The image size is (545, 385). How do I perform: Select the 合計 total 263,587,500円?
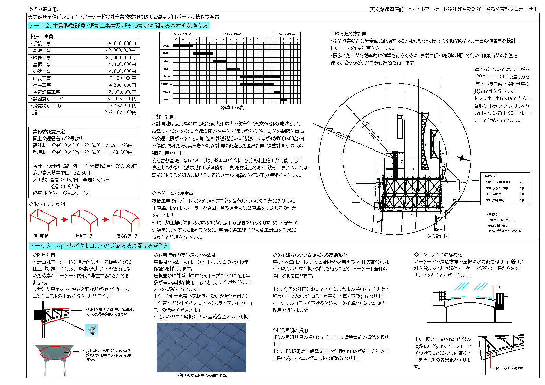point(120,112)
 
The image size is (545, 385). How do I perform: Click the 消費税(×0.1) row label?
point(46,106)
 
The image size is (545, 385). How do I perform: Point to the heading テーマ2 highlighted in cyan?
point(118,26)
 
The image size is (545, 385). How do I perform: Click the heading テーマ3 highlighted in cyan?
point(99,246)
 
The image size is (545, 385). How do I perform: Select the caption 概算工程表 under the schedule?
point(232,107)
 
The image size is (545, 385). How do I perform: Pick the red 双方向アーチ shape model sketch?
point(126,219)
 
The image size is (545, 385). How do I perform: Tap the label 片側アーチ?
point(84,236)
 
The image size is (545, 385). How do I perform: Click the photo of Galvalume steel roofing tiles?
point(201,347)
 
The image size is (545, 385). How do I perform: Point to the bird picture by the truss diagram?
point(91,330)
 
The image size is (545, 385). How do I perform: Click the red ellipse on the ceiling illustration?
point(55,352)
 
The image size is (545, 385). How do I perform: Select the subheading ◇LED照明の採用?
point(290,330)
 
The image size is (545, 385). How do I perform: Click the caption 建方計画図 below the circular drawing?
point(438,236)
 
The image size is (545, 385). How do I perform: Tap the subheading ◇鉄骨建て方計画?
point(348,33)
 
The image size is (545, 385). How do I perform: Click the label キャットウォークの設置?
point(509,368)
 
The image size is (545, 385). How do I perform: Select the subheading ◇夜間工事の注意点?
point(172,193)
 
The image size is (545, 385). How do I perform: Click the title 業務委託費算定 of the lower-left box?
point(49,131)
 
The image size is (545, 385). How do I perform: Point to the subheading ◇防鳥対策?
point(44,255)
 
